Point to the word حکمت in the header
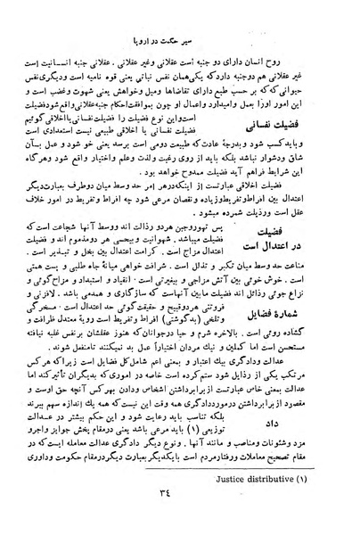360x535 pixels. [188, 41]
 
